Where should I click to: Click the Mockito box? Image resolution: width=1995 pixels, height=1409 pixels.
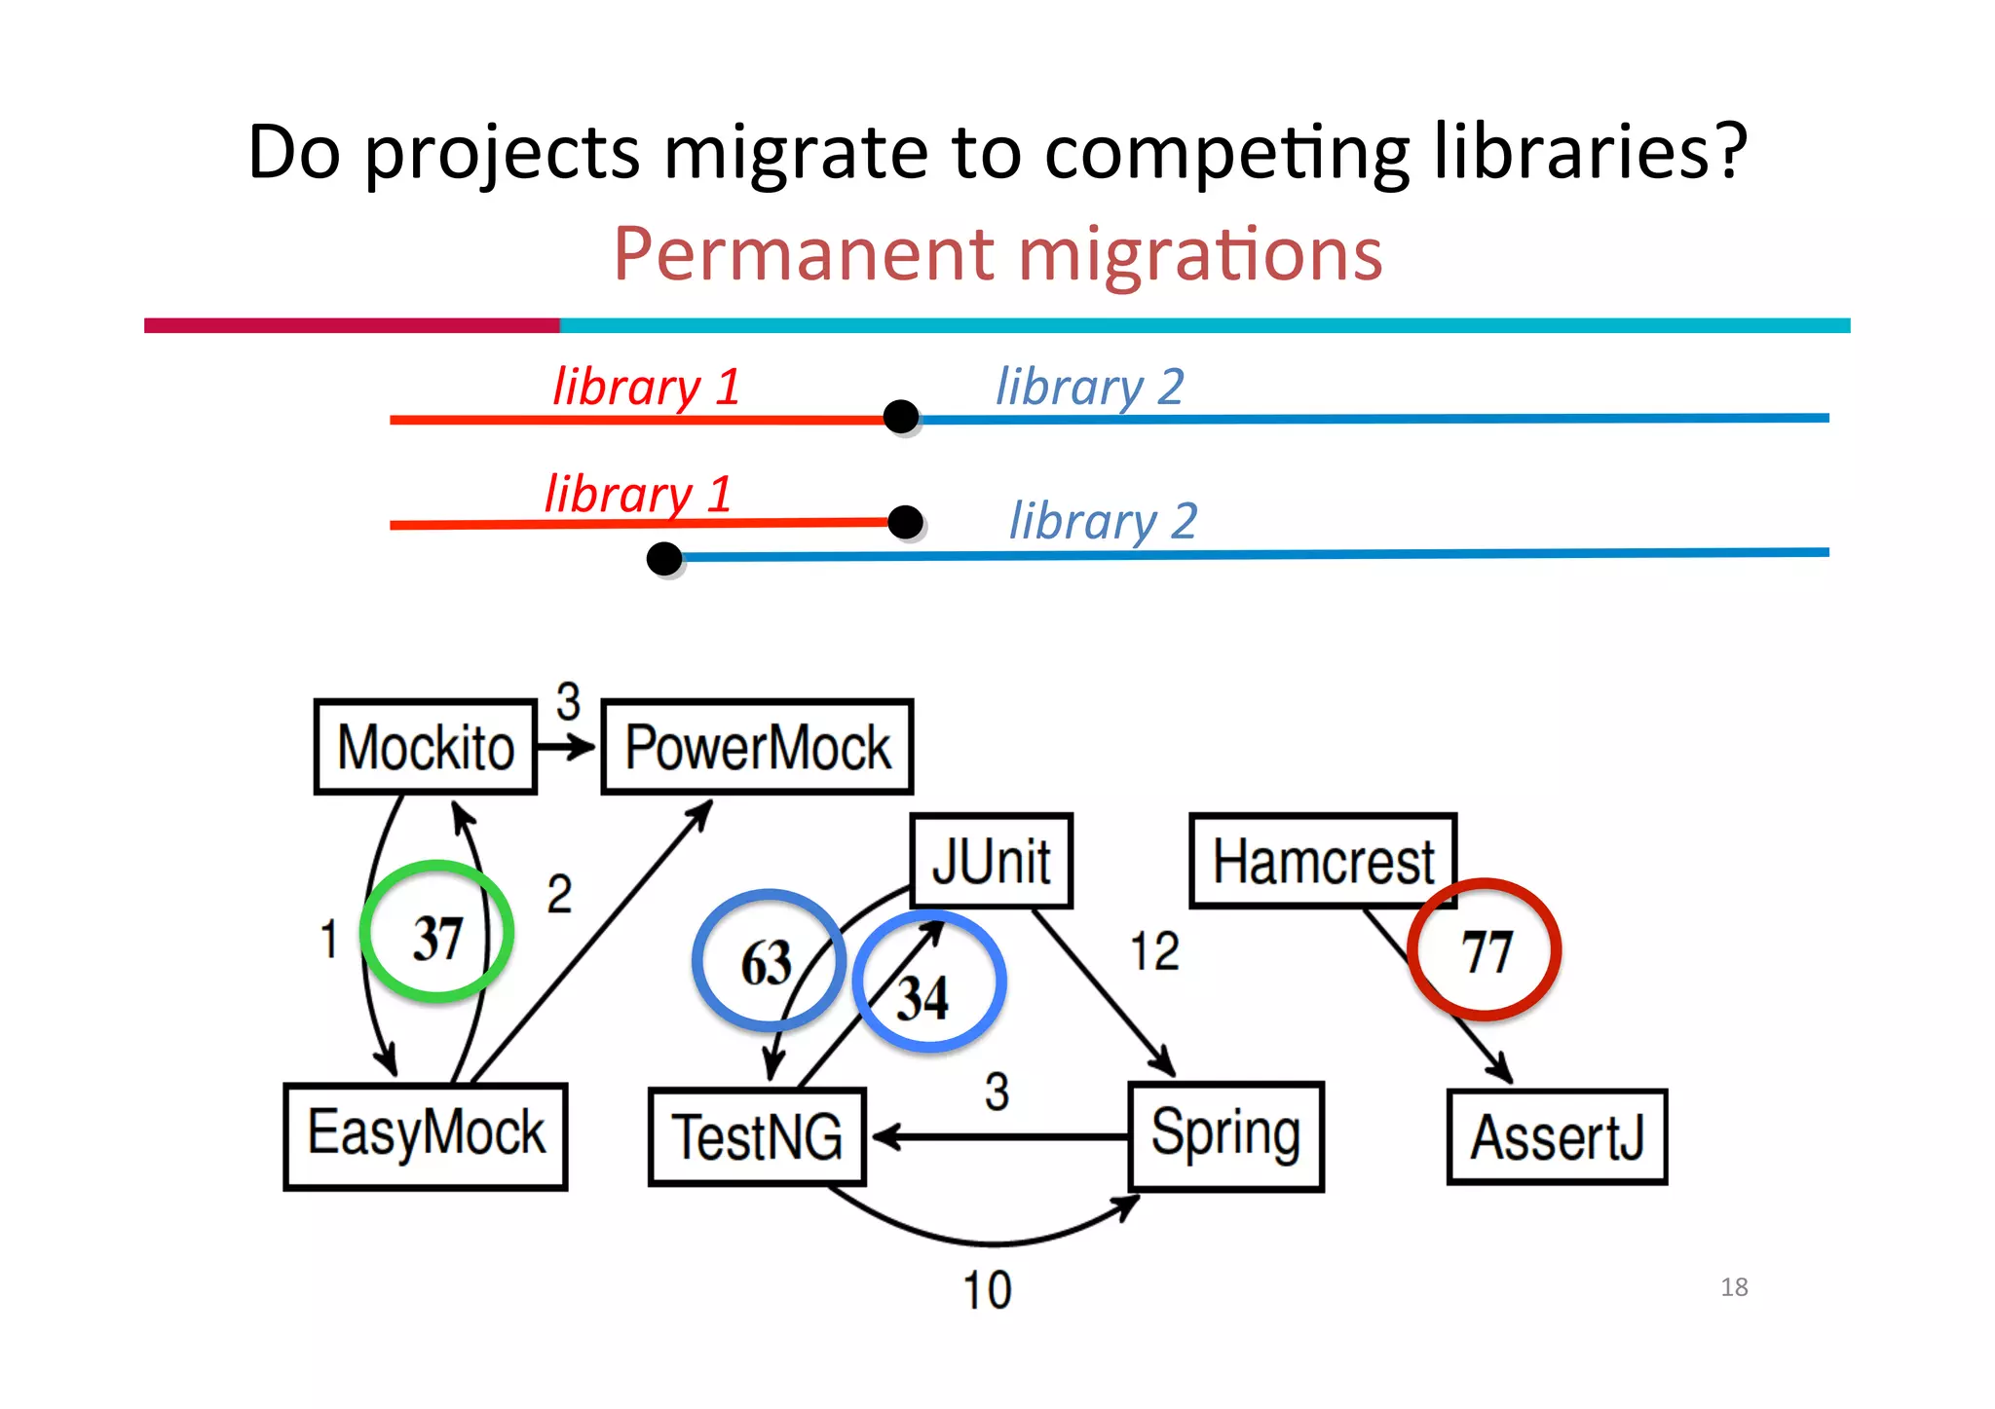click(x=426, y=747)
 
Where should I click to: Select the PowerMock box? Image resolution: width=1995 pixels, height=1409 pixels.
click(x=757, y=747)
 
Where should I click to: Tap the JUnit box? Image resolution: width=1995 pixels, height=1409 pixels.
click(x=992, y=862)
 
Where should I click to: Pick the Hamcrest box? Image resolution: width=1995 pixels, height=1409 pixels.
click(x=1322, y=862)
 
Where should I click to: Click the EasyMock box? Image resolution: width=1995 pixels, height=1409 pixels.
click(x=426, y=1135)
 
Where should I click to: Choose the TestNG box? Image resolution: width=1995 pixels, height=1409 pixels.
click(x=757, y=1137)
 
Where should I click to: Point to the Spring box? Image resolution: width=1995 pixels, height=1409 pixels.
click(x=1225, y=1135)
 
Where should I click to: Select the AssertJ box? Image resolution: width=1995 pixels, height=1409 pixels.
click(x=1557, y=1137)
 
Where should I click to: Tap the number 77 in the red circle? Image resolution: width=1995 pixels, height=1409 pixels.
click(x=1487, y=951)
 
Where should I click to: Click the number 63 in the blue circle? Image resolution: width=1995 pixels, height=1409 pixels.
click(x=767, y=963)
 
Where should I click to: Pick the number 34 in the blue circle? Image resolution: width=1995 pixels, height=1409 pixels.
click(x=922, y=998)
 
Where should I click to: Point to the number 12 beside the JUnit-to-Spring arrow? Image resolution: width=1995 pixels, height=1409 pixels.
click(x=1154, y=951)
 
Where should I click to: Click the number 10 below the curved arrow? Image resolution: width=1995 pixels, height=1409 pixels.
click(x=987, y=1290)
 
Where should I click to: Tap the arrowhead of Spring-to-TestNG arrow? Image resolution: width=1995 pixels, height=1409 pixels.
click(x=885, y=1136)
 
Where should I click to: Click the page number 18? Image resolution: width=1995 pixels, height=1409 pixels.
click(x=1734, y=1287)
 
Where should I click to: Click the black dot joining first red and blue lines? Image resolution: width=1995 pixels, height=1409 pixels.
click(x=901, y=417)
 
